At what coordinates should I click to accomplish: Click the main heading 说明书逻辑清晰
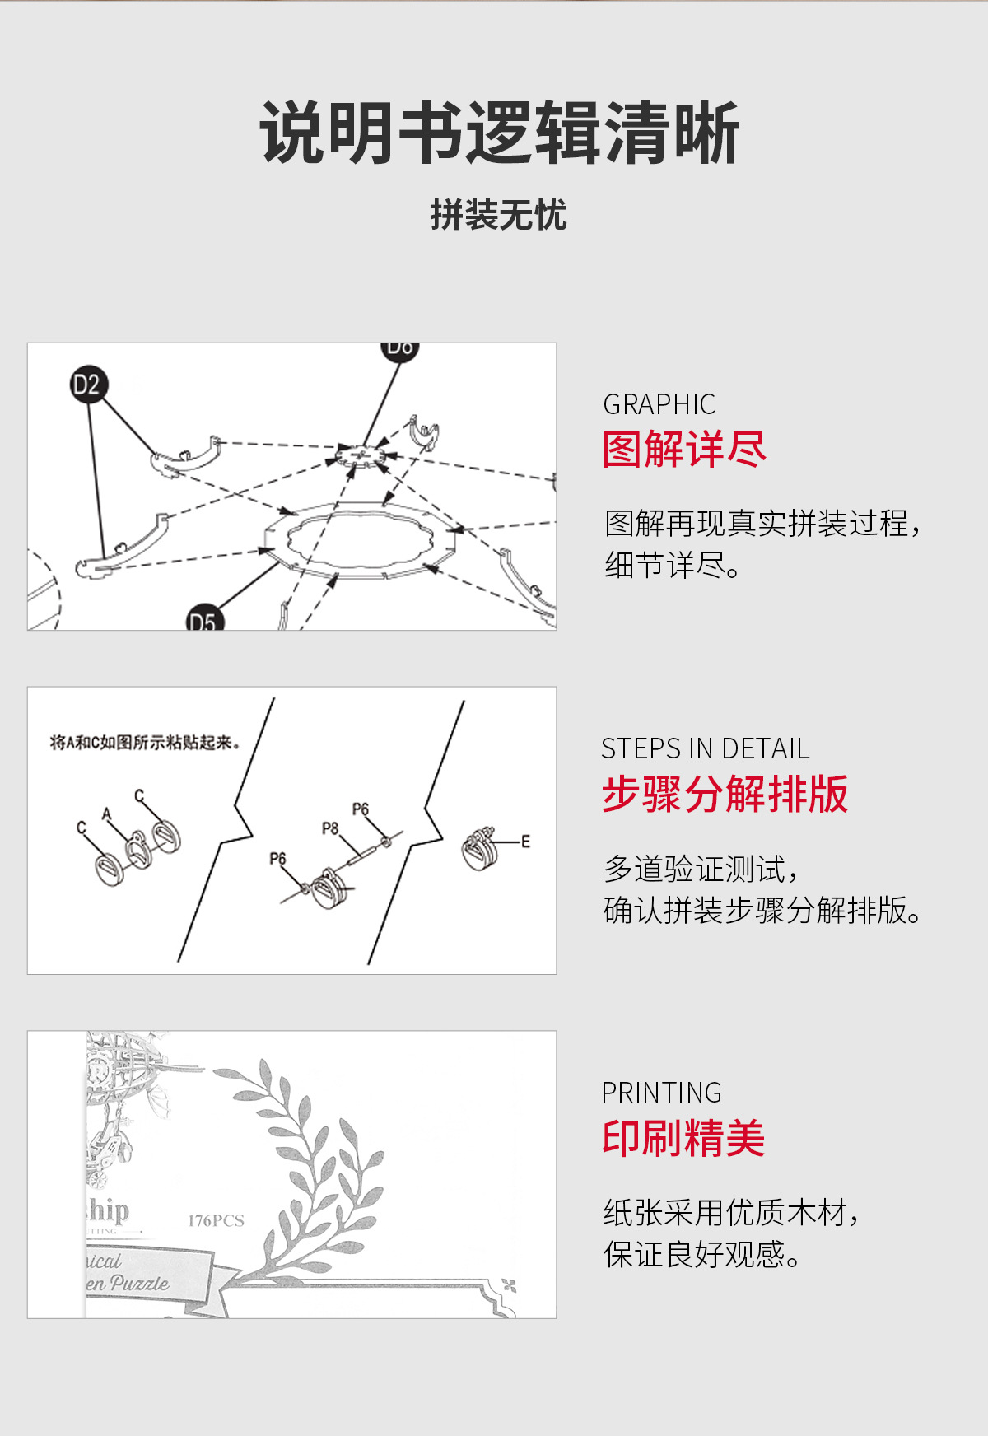click(x=499, y=133)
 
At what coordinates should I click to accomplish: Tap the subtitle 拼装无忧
click(x=499, y=216)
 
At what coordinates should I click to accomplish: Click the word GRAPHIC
click(x=659, y=404)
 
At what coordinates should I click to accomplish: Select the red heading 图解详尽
click(x=684, y=450)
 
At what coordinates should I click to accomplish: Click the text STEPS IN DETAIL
click(x=705, y=748)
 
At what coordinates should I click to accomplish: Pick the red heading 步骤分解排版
click(x=725, y=795)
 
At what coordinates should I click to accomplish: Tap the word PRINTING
click(x=661, y=1093)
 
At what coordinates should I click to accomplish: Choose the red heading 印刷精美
click(x=683, y=1139)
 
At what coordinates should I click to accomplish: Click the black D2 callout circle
click(x=88, y=385)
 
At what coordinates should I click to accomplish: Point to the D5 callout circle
click(x=203, y=620)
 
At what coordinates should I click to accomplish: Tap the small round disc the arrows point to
click(x=361, y=455)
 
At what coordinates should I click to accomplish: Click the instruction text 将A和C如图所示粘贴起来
click(x=145, y=743)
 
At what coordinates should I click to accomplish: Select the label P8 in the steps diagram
click(x=330, y=828)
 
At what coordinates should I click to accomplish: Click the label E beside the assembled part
click(x=525, y=841)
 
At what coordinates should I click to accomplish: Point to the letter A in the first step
click(x=106, y=814)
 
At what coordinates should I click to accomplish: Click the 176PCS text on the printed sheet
click(x=216, y=1220)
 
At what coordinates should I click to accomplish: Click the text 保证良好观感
click(x=701, y=1254)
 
